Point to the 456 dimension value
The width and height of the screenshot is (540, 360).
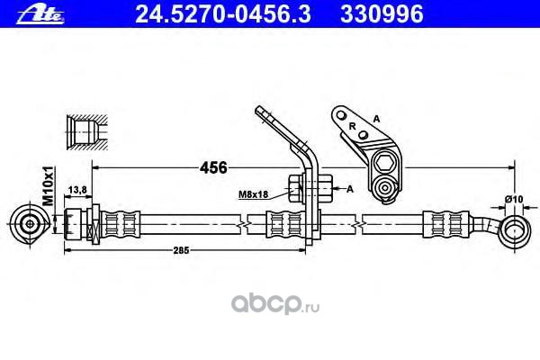click(212, 167)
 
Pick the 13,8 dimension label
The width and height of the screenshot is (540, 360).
click(77, 189)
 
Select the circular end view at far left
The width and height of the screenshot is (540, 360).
click(32, 223)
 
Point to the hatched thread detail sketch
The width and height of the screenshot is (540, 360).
click(85, 131)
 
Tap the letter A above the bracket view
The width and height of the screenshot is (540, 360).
click(376, 119)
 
